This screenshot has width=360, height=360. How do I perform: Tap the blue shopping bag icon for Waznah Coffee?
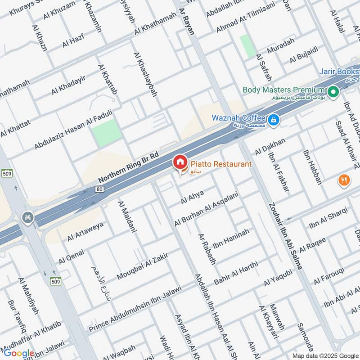tap(273, 120)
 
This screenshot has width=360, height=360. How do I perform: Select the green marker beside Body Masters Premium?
tap(333, 93)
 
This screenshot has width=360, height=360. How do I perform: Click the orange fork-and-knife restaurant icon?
tap(344, 180)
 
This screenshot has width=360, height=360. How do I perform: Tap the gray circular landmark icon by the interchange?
tap(27, 218)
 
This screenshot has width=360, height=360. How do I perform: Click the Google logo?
tap(19, 353)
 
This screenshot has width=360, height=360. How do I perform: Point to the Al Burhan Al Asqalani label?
tap(208, 207)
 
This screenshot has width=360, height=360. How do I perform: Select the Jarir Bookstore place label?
tap(339, 72)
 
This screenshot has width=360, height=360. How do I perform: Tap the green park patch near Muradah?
tap(247, 46)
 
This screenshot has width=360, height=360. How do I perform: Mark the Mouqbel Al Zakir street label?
tap(142, 266)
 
